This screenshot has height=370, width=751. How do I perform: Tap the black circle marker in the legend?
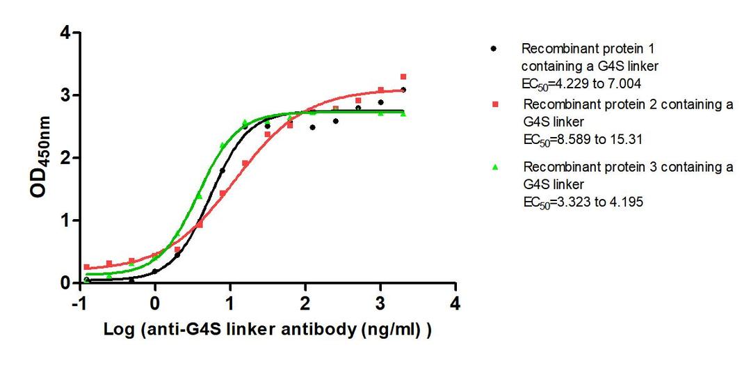click(x=494, y=49)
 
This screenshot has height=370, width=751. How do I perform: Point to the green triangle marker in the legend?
click(x=494, y=168)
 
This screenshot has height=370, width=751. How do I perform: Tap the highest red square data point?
click(x=403, y=77)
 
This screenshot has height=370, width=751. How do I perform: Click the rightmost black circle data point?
click(x=403, y=90)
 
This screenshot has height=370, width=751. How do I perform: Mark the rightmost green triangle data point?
click(x=403, y=113)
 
